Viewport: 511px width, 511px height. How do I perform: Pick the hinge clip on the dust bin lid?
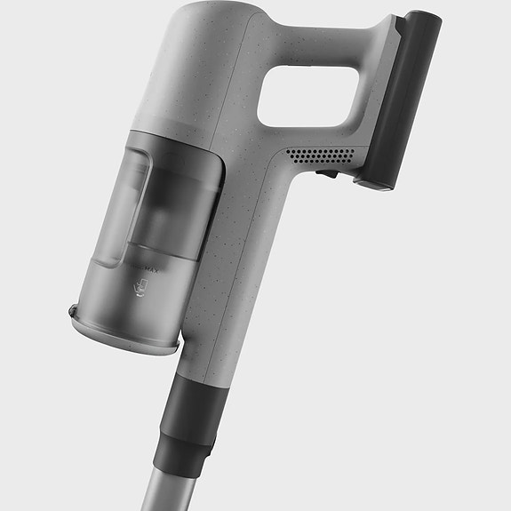pos(74,311)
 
